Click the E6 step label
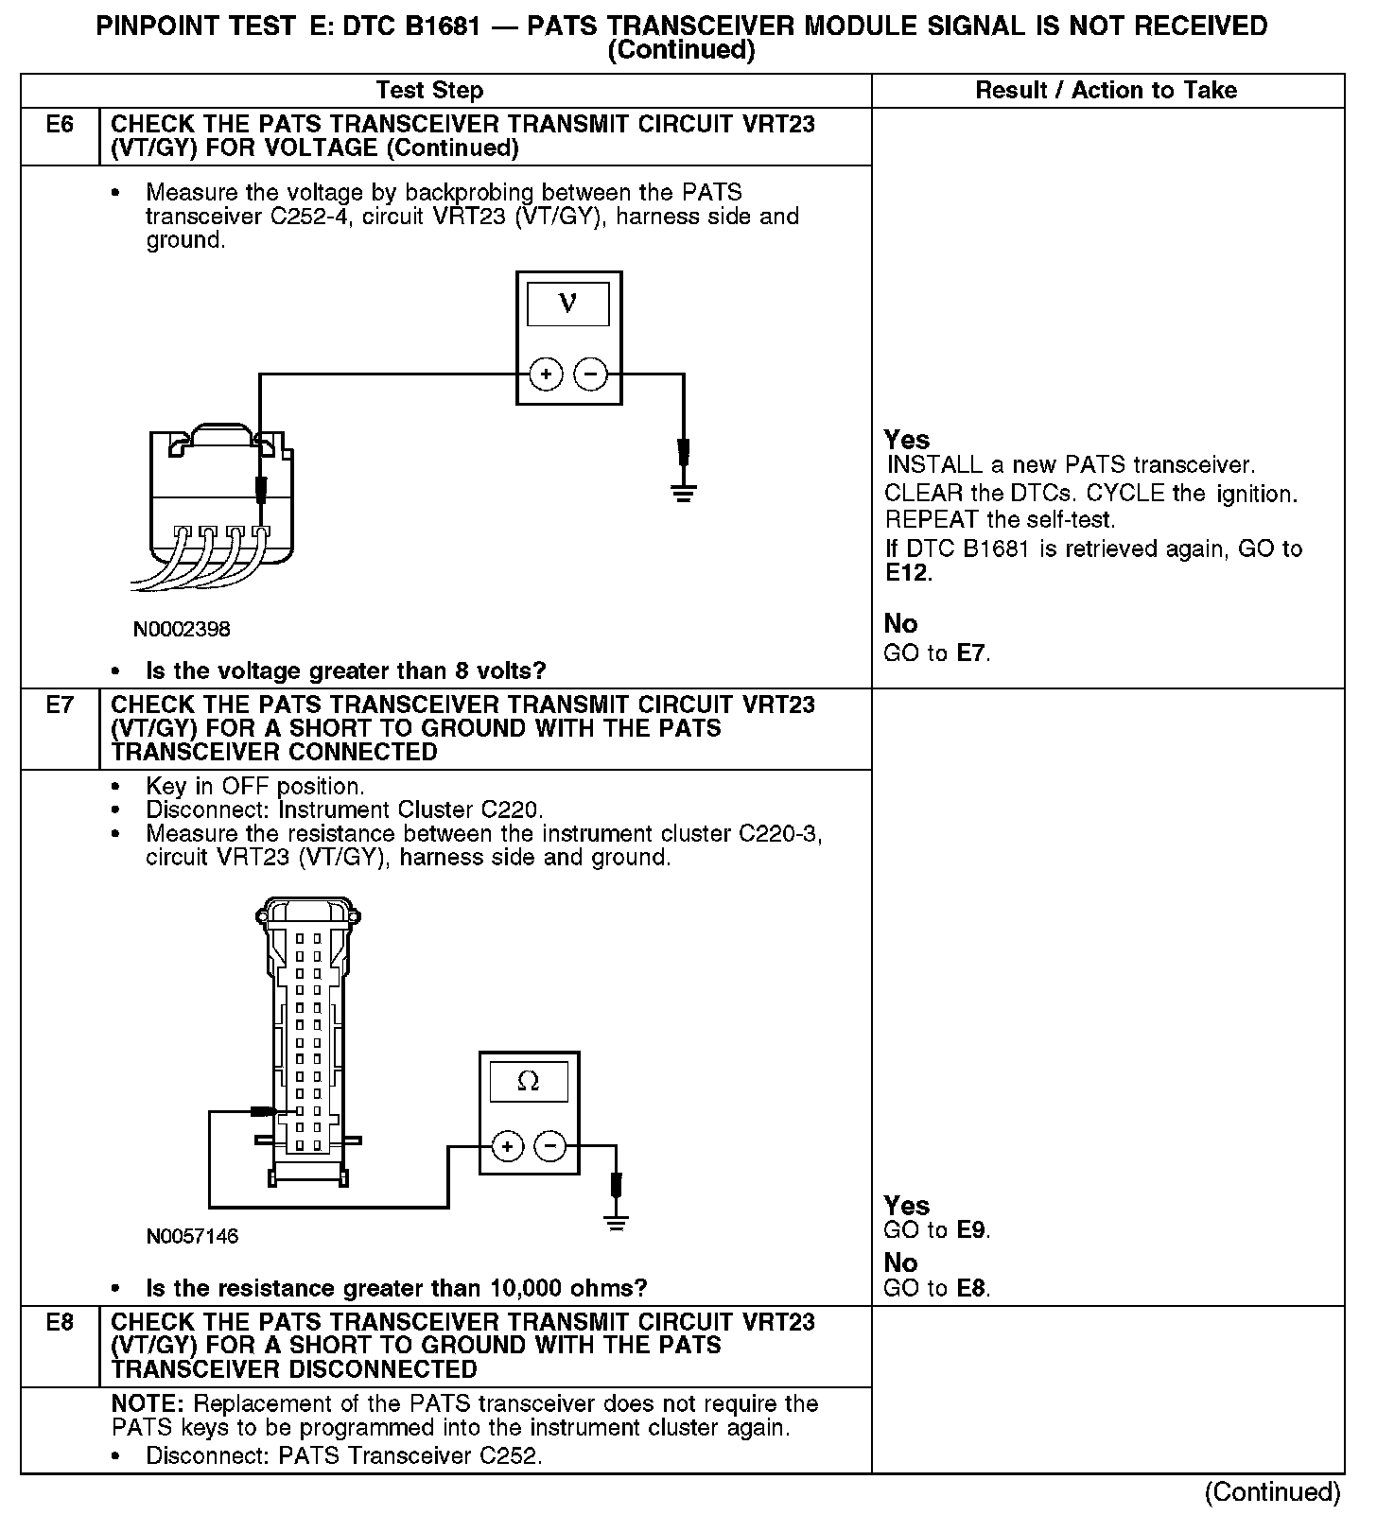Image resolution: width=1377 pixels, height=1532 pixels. (60, 125)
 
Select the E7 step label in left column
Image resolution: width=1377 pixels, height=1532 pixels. (60, 705)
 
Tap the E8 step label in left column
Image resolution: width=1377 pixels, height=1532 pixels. (60, 1322)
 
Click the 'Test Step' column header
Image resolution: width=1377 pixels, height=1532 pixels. (429, 91)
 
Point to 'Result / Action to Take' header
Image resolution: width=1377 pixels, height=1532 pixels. (1106, 91)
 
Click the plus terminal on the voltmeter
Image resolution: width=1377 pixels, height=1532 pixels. (546, 375)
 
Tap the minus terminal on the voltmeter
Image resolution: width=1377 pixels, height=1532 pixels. (591, 375)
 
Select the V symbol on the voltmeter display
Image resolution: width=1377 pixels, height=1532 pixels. (567, 304)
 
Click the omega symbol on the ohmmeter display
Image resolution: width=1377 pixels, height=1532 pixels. (529, 1081)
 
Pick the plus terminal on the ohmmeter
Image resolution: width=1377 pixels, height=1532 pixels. (508, 1147)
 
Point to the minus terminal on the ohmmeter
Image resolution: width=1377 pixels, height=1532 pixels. (550, 1147)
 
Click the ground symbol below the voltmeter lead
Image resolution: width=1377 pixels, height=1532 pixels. (684, 492)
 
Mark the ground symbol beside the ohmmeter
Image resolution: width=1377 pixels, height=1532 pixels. (617, 1224)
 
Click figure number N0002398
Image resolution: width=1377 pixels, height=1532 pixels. (182, 629)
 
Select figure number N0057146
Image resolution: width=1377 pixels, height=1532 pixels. (192, 1236)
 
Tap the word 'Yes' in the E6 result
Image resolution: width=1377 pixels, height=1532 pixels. (907, 440)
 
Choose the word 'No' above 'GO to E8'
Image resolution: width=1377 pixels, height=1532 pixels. (900, 1263)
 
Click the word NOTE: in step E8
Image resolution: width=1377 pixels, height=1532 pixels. (148, 1404)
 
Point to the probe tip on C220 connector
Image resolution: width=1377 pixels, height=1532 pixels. (270, 1111)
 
